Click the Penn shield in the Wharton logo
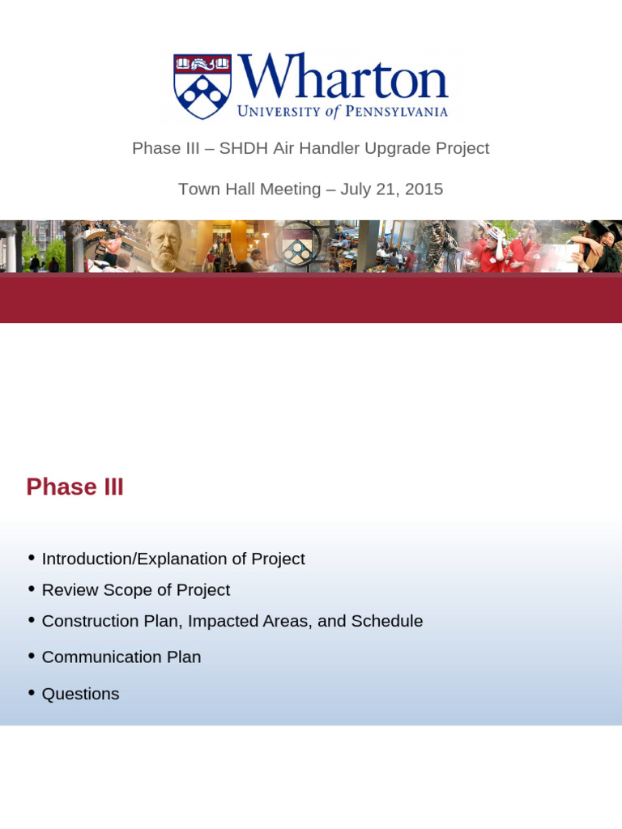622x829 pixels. tap(202, 86)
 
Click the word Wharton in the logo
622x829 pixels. tap(343, 79)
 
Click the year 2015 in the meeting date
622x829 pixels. tap(423, 189)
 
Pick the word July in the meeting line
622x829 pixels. tap(356, 189)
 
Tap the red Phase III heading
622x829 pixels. tap(75, 487)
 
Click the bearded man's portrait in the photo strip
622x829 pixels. tap(165, 246)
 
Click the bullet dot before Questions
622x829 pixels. tap(31, 693)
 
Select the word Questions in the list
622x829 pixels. tap(80, 695)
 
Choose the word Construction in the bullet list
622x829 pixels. tap(88, 622)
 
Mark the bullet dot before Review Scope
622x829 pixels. tap(31, 589)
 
